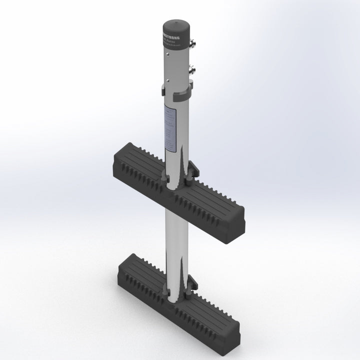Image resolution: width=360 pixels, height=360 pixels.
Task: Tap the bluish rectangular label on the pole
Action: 169,129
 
